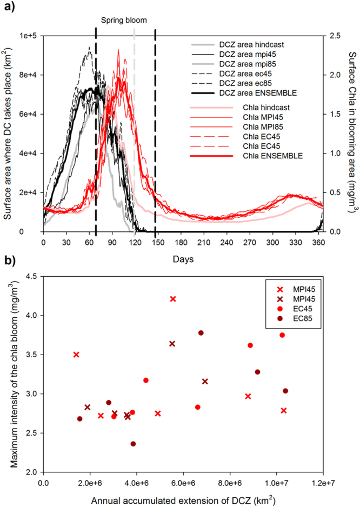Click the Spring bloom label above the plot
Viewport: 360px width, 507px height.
coord(124,20)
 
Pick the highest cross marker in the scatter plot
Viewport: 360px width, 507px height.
coord(173,298)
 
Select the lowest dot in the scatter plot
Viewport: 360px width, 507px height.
coord(133,444)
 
